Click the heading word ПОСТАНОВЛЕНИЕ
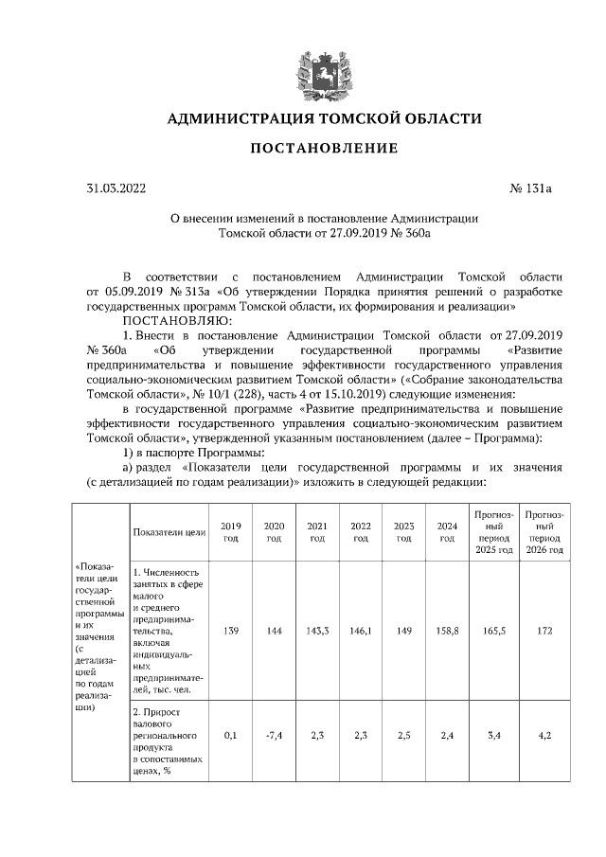pos(324,149)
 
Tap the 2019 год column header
pos(230,532)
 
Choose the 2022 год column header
pos(360,532)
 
